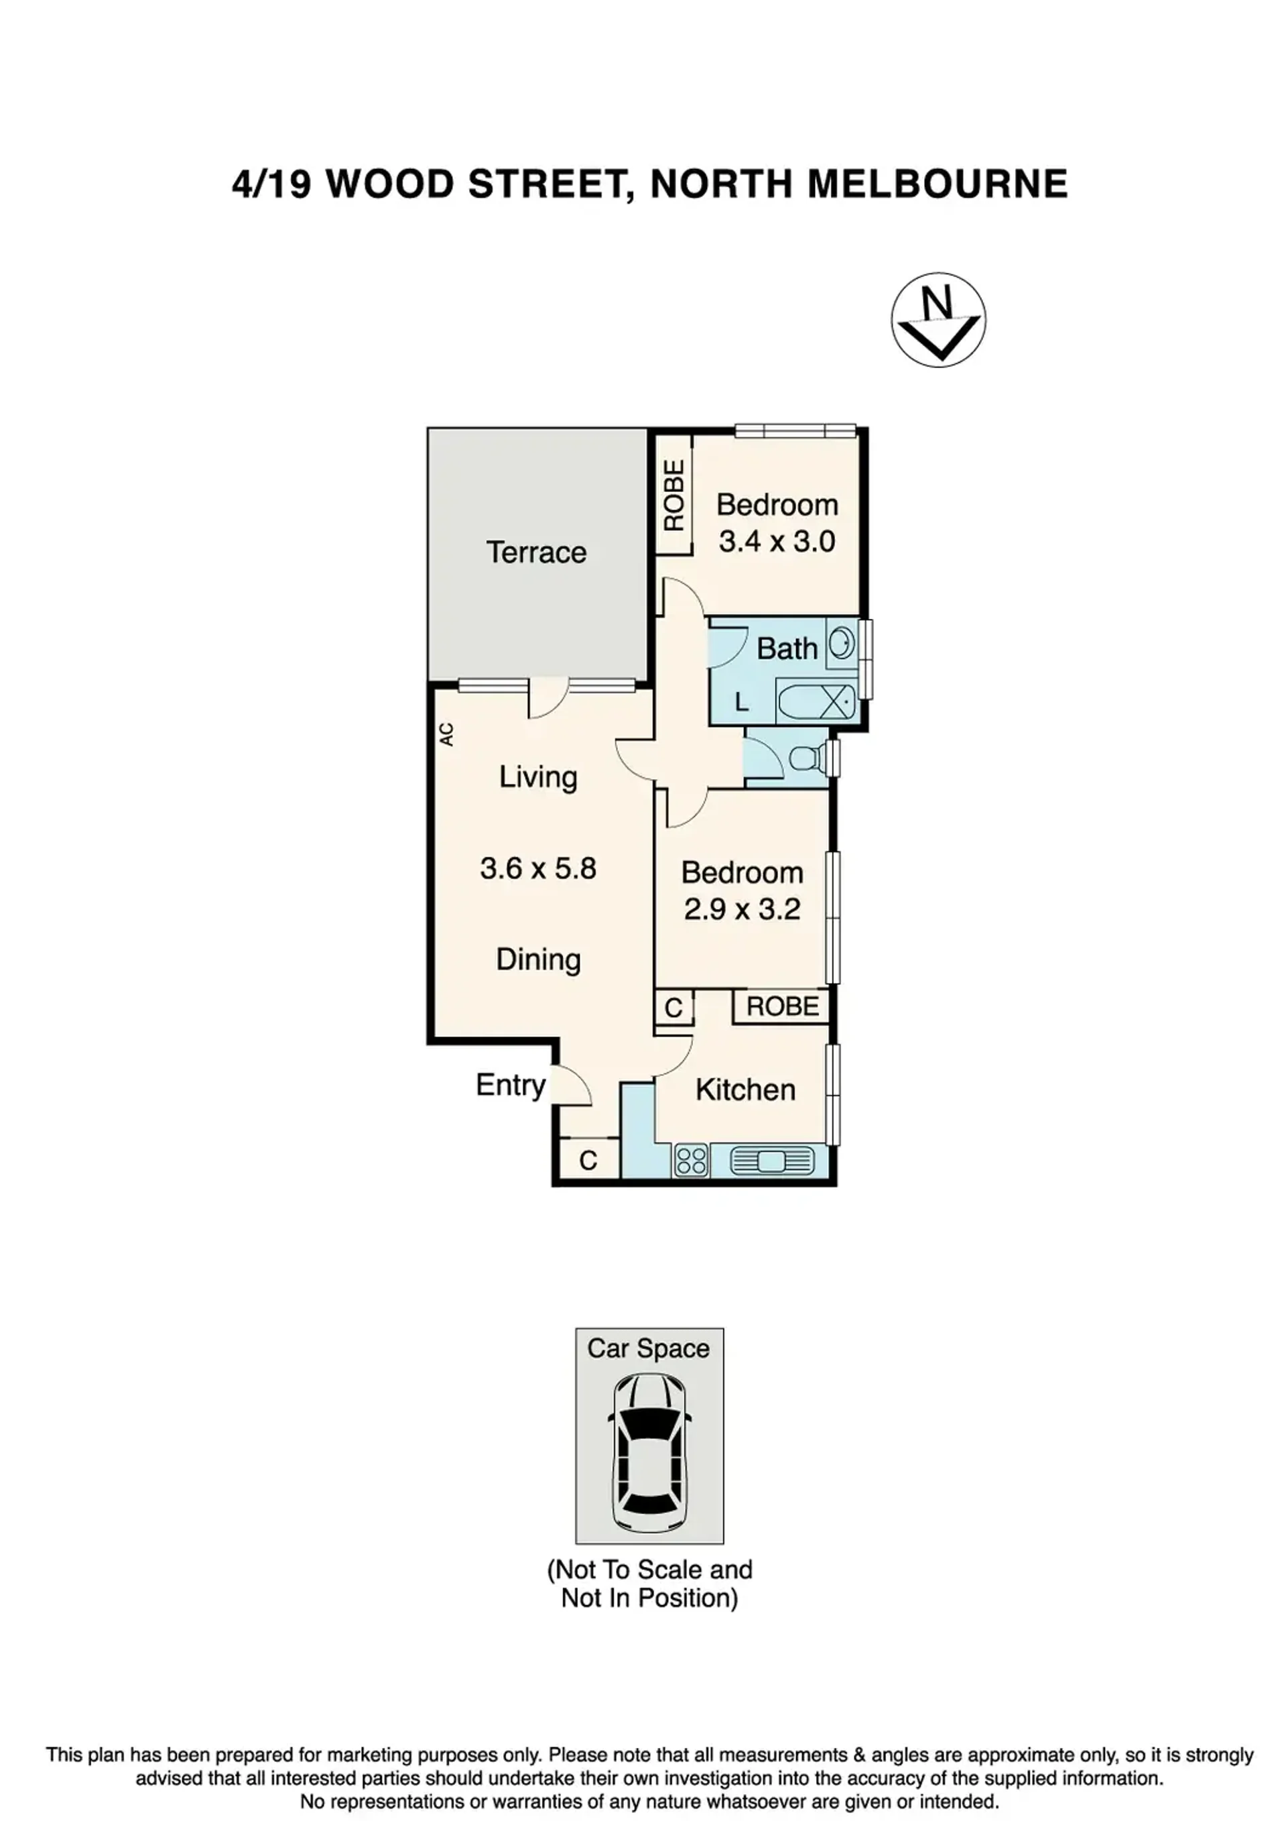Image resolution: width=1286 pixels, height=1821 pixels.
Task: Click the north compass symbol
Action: coord(938,320)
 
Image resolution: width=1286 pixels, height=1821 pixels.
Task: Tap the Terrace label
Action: coord(536,552)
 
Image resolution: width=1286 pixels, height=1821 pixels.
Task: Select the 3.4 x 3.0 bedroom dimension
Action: coord(777,541)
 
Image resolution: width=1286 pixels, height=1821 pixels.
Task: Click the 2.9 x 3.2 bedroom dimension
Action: coord(742,909)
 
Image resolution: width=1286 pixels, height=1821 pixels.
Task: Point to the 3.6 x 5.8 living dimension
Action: coord(537,868)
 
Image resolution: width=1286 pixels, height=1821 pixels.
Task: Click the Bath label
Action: coord(787,649)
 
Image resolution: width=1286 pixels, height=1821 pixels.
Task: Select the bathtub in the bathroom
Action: coord(817,701)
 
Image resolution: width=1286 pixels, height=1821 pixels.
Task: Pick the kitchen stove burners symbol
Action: coord(692,1162)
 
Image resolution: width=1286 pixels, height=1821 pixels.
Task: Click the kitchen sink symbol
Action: coord(771,1162)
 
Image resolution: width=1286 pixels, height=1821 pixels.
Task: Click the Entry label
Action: coord(511,1085)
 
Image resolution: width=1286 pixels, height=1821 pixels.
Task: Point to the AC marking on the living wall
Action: coord(446,733)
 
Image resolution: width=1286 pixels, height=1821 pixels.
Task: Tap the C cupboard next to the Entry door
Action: coord(588,1161)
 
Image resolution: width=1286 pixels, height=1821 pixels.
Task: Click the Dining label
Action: coord(538,959)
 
